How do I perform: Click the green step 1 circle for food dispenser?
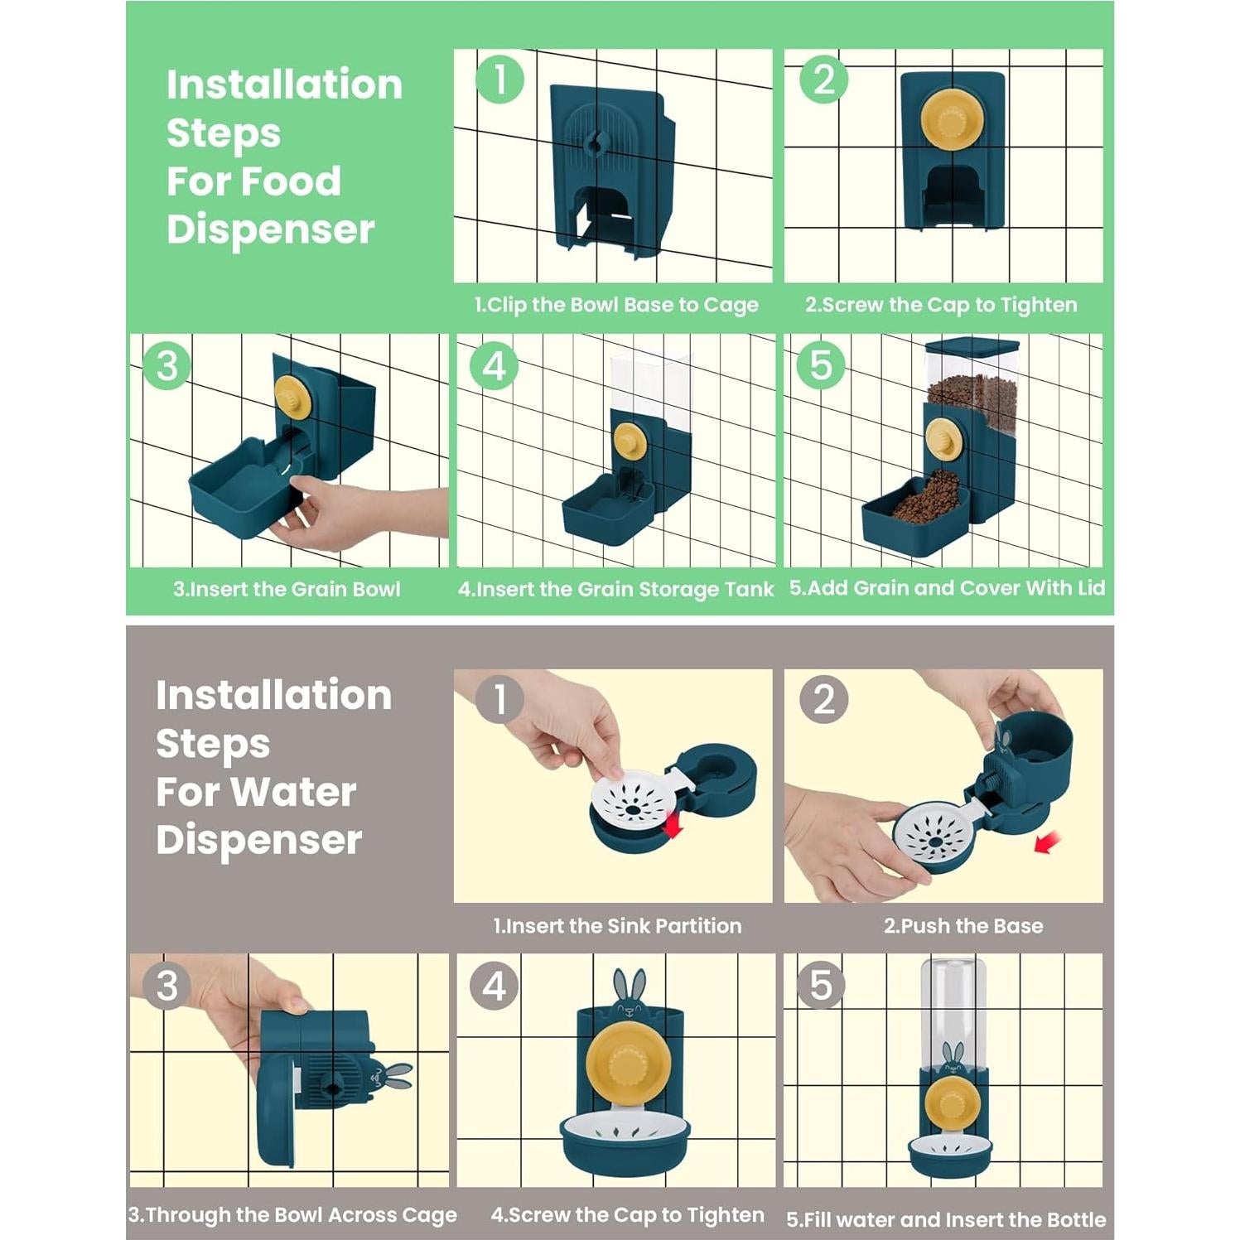tap(499, 80)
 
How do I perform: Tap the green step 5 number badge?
tap(820, 365)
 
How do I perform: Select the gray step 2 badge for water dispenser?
tap(824, 699)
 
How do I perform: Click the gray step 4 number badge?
tap(495, 986)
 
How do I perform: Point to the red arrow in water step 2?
tap(1047, 843)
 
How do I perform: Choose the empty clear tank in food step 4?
tap(651, 389)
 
